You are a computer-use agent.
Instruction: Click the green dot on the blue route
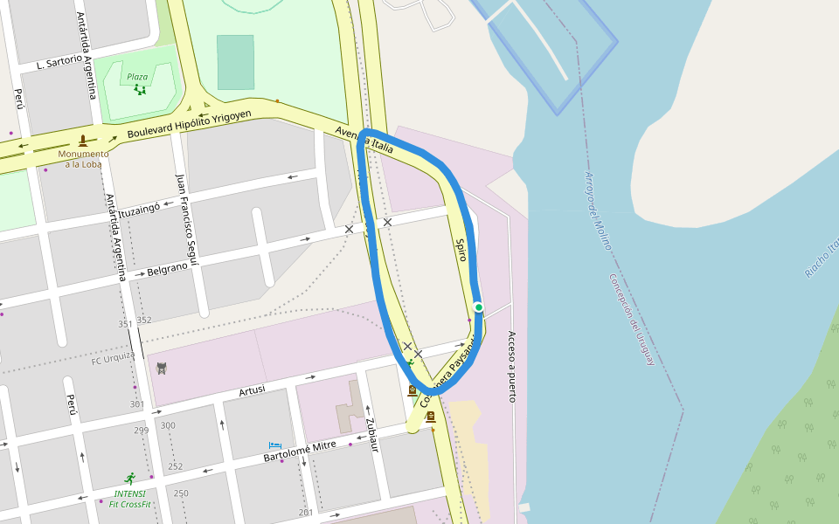tap(478, 307)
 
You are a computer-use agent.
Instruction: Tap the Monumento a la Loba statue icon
tap(83, 140)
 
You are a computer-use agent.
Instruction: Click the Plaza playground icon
tap(140, 89)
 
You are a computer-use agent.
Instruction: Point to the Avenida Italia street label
tap(364, 141)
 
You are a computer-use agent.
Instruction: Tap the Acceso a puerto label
tap(512, 367)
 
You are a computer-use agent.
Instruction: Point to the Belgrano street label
tap(167, 269)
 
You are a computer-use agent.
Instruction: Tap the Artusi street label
tap(251, 390)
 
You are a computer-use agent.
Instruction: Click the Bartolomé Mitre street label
tap(300, 451)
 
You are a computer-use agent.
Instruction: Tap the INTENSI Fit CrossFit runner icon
tap(130, 479)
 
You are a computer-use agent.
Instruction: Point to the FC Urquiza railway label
tap(113, 359)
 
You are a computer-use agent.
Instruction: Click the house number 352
tap(144, 321)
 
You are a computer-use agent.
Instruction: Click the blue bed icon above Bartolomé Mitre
tap(274, 446)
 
